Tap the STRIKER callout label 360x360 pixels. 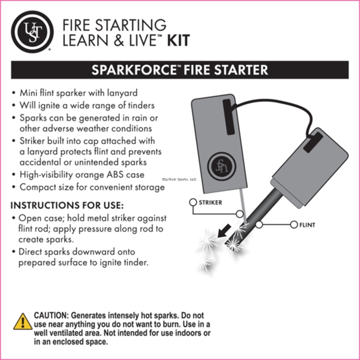[210, 203]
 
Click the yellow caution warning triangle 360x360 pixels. [22, 321]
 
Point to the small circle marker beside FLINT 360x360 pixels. [260, 224]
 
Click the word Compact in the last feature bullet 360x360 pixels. [39, 188]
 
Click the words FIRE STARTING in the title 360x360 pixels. [113, 25]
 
